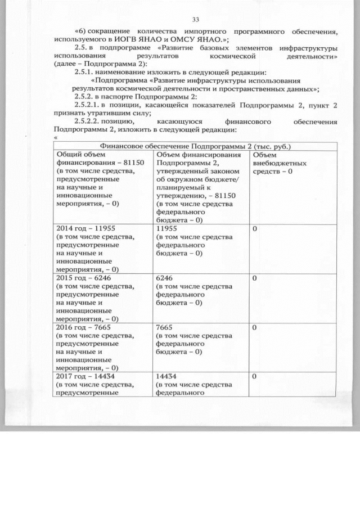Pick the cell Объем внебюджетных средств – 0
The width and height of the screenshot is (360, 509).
point(280,163)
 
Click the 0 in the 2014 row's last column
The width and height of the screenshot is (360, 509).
point(255,229)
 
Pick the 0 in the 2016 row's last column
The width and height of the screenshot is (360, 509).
point(255,327)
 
